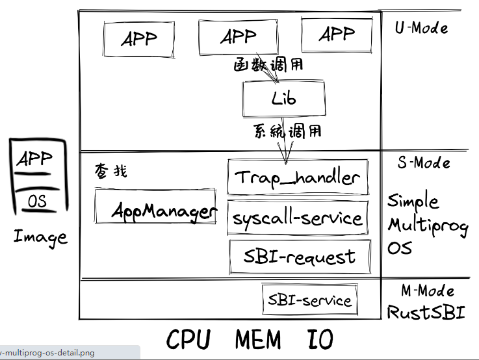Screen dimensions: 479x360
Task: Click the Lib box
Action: coord(284,98)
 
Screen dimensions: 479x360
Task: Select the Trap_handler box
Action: coord(298,177)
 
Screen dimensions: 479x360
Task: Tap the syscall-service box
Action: coord(298,218)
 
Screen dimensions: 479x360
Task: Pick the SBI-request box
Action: coord(300,257)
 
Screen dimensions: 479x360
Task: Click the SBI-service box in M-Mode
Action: coord(310,300)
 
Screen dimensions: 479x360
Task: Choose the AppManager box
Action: coord(155,207)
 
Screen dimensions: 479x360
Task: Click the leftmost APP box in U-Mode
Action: coord(139,39)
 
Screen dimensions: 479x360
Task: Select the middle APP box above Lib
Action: coord(239,37)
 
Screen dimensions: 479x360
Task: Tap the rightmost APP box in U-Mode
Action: coord(337,34)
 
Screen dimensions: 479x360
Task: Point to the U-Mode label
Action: coord(421,28)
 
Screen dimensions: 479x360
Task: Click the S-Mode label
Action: coord(424,162)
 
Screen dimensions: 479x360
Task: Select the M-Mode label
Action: coord(428,290)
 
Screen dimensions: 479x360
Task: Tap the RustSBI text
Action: coord(426,312)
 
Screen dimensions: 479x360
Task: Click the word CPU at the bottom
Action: coord(188,339)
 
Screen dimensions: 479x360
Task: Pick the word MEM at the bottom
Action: coord(258,339)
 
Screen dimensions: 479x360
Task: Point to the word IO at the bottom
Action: coord(320,339)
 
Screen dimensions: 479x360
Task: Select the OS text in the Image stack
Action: coord(37,201)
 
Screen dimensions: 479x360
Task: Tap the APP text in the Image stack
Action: coord(34,159)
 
